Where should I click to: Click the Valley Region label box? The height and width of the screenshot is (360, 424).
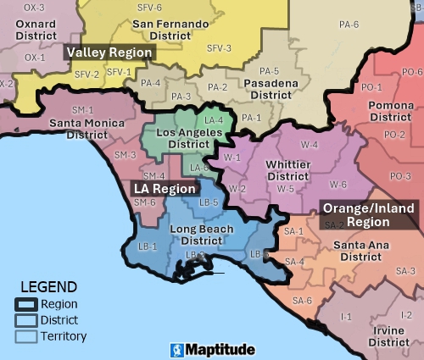pos(110,53)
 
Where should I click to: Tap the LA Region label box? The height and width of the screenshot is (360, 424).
pos(165,189)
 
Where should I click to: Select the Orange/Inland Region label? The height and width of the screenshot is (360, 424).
pos(368,215)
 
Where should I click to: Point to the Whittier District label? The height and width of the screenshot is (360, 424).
pos(287,169)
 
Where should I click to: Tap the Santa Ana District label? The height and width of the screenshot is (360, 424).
pos(357,251)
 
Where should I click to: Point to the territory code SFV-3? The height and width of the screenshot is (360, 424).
pos(219,47)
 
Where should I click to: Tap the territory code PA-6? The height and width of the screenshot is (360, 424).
pos(349,25)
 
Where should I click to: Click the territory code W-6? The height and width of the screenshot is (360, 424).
pos(338,184)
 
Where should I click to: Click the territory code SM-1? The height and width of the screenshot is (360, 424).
pos(82,110)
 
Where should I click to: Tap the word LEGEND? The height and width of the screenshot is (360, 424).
pos(48,287)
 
